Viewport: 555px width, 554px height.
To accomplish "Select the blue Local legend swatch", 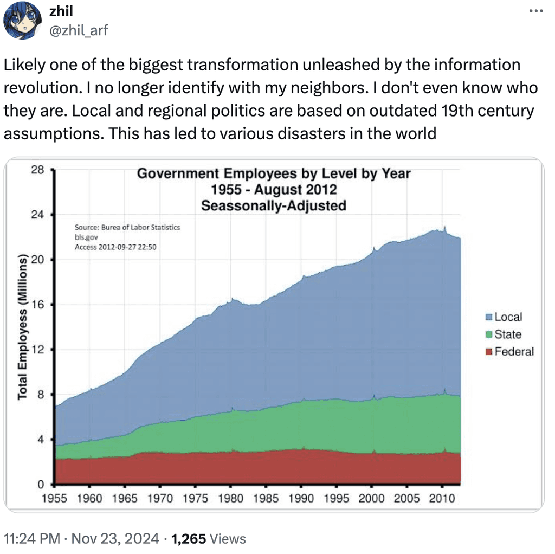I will tap(488, 317).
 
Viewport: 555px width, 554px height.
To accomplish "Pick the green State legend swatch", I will tap(488, 334).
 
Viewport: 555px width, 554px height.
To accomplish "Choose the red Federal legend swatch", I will tap(488, 352).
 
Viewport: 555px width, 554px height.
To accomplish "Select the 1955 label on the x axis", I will tap(54, 499).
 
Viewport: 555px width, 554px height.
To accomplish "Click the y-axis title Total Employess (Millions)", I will tap(23, 327).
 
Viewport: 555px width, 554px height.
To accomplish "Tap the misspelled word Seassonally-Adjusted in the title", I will tap(273, 205).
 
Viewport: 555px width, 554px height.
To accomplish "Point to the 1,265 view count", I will tap(188, 539).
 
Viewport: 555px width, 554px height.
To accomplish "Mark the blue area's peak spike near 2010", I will tap(444, 227).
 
